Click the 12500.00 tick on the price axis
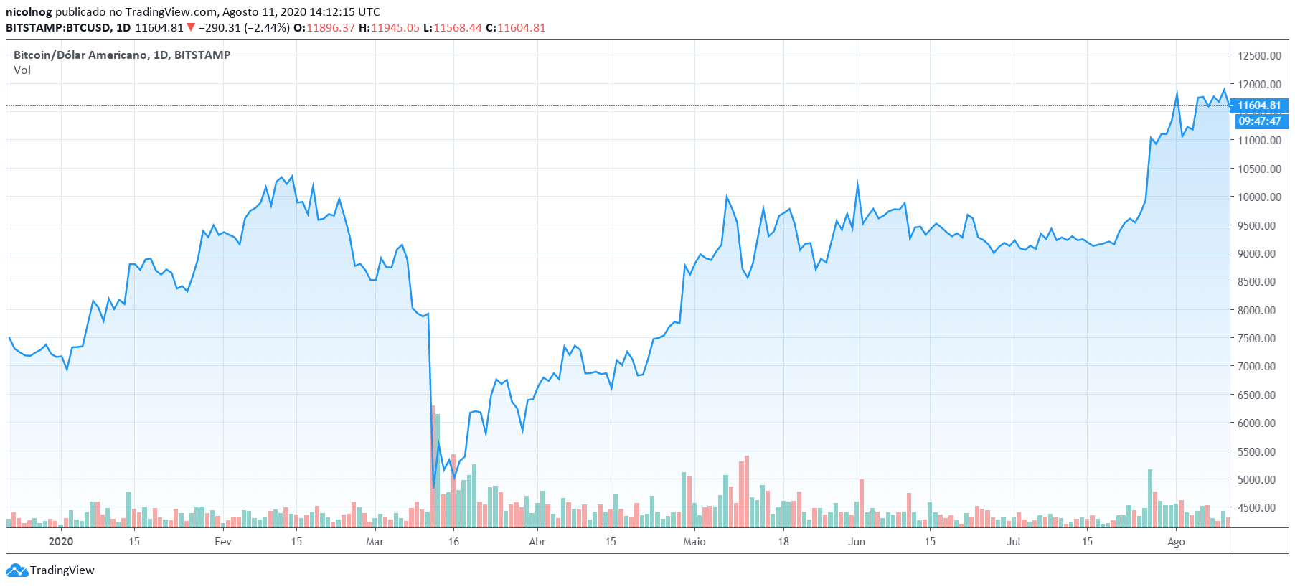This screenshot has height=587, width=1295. click(x=1259, y=56)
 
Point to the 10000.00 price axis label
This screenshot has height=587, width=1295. click(x=1259, y=197)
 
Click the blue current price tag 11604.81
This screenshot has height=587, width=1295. click(x=1259, y=105)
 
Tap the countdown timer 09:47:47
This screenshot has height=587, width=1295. click(x=1259, y=121)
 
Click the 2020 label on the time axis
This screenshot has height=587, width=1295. click(x=61, y=542)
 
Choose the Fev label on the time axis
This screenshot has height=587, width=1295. click(x=223, y=542)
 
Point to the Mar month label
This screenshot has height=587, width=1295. click(x=375, y=542)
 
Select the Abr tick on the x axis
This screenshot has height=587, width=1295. click(x=537, y=542)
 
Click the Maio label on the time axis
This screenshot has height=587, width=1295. click(x=694, y=542)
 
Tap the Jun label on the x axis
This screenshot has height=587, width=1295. click(x=857, y=542)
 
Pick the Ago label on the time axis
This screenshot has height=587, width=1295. click(x=1176, y=542)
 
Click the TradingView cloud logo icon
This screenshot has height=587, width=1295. click(x=17, y=570)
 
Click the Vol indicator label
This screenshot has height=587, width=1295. click(x=22, y=70)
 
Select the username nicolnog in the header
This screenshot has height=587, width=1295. click(x=29, y=12)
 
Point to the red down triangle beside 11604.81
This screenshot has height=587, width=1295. click(x=191, y=28)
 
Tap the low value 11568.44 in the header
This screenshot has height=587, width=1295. click(x=458, y=28)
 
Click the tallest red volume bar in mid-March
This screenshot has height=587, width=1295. click(x=433, y=466)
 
